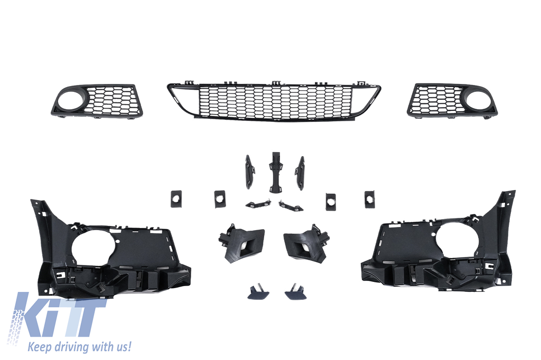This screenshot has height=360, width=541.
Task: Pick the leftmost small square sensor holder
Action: [x=175, y=199]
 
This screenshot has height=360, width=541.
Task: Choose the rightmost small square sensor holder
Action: [x=369, y=199]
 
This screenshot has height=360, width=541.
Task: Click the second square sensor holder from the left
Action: [x=219, y=199]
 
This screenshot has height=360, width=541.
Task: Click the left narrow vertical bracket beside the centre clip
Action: [x=249, y=172]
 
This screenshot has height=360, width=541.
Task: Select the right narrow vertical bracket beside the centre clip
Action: [x=300, y=173]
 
